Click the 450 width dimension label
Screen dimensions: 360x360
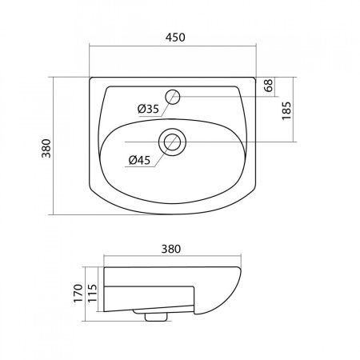(175, 38)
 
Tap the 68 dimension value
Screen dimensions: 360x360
(269, 86)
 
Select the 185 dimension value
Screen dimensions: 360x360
(286, 111)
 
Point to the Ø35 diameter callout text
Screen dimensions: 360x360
(148, 109)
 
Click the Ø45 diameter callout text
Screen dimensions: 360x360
(139, 160)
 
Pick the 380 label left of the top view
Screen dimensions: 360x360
(46, 148)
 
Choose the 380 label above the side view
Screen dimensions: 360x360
(171, 249)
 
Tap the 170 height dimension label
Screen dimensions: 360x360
(78, 294)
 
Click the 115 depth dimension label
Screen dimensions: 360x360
(92, 294)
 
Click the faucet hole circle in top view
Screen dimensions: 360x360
(173, 97)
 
